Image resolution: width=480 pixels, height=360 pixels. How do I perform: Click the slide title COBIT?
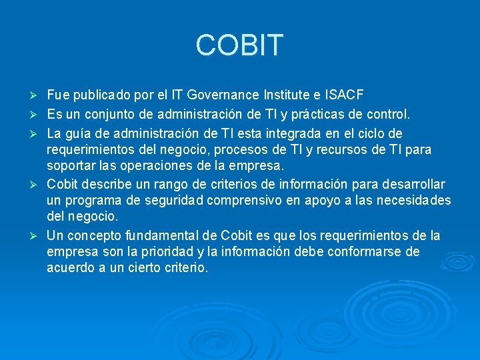coord(239,45)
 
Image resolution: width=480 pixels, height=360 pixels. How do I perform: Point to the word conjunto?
coord(106,114)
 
